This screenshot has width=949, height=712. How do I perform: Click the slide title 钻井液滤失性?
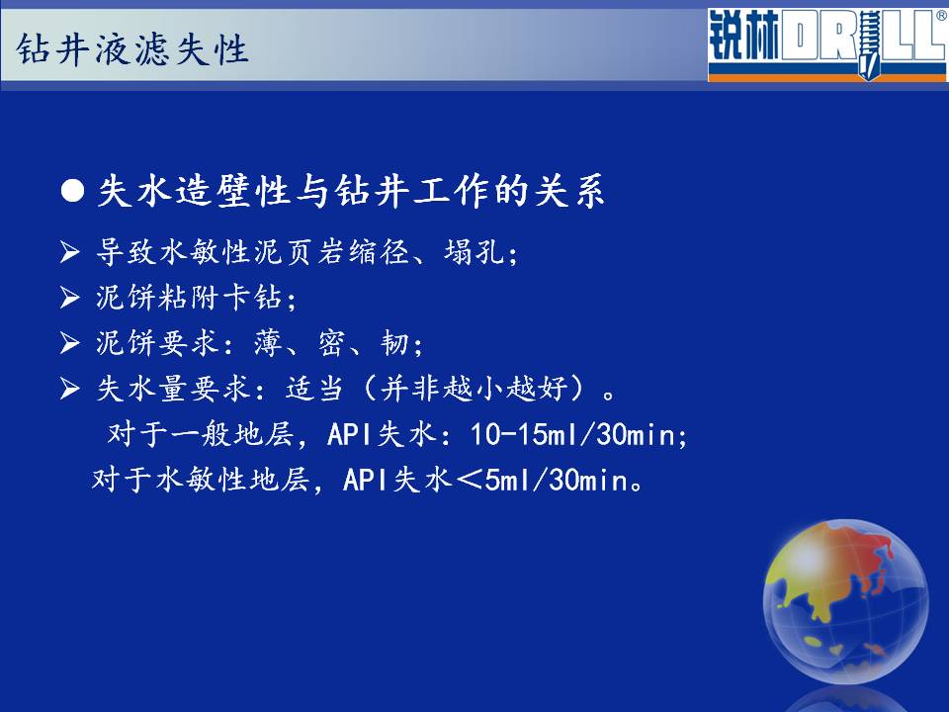132,49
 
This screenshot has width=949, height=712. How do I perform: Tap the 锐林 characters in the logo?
743,37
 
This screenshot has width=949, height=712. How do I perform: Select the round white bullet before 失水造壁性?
72,191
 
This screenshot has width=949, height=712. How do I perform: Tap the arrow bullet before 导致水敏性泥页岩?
69,251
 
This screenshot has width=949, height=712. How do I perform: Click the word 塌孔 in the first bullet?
474,251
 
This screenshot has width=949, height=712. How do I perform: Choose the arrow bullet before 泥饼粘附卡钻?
69,298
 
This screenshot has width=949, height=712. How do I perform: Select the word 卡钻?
252,298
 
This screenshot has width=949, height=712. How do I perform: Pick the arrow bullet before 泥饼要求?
69,343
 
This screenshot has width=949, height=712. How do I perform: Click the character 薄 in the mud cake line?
269,343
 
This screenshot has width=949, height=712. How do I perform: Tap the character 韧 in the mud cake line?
394,343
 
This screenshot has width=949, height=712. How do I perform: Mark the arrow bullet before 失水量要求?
69,388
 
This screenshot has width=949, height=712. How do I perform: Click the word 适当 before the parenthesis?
314,388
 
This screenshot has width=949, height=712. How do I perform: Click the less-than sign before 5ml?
469,481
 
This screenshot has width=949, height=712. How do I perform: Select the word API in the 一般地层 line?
349,434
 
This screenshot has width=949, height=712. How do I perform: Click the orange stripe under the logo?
827,77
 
